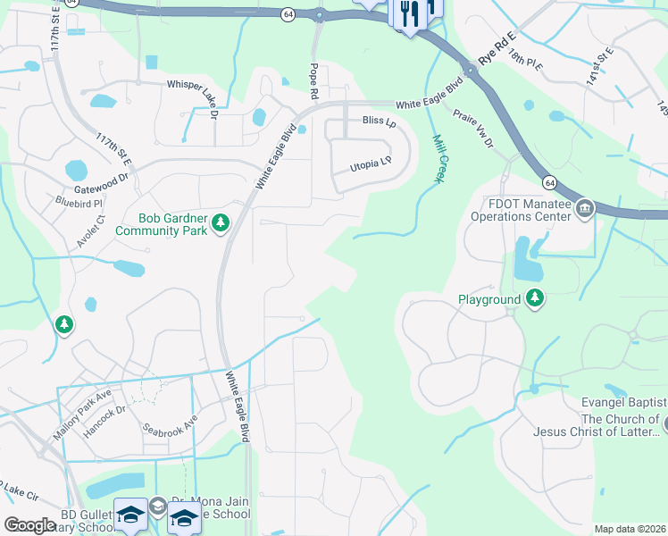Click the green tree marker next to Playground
tap(534, 298)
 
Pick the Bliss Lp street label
tap(379, 121)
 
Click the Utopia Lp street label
tap(371, 163)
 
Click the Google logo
tap(30, 525)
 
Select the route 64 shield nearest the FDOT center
tap(550, 182)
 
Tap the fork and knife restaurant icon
tap(409, 14)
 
